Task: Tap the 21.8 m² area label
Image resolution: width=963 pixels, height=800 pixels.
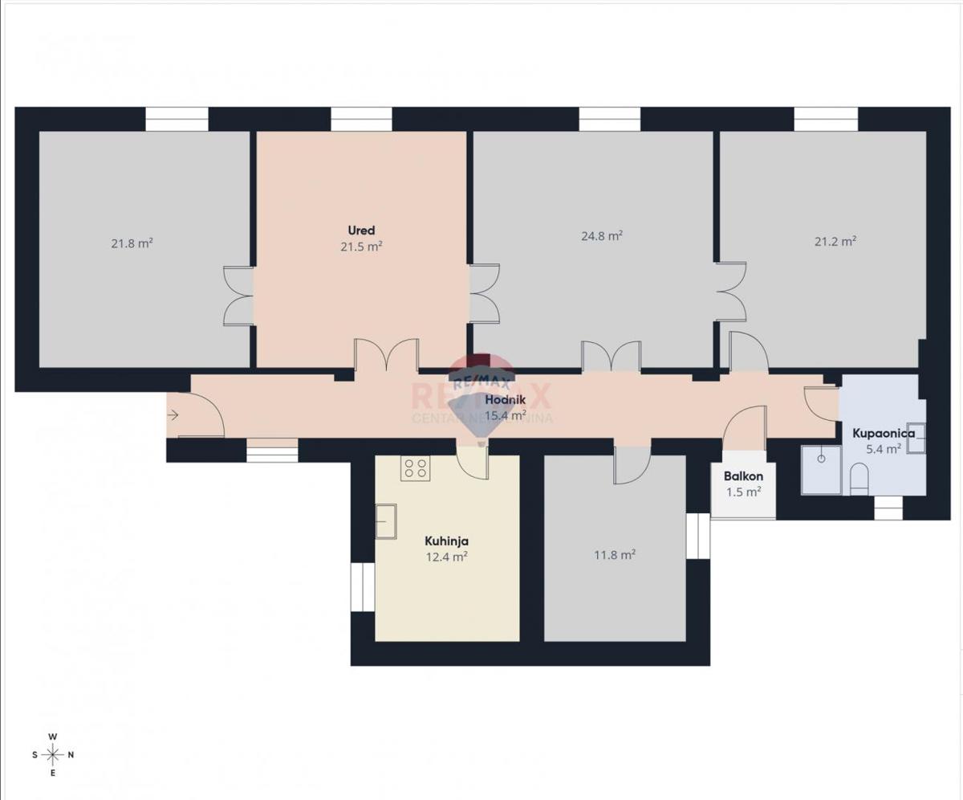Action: coord(132,242)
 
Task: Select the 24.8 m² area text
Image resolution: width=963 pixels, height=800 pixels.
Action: coord(602,236)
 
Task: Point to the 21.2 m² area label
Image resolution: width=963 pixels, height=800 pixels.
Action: coord(835,241)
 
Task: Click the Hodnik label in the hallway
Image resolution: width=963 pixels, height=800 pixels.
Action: coord(506,401)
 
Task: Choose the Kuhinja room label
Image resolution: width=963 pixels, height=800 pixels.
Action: coord(447,541)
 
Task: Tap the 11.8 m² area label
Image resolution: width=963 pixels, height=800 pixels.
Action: coord(615,554)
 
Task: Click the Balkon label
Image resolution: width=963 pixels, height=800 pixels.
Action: coord(743,476)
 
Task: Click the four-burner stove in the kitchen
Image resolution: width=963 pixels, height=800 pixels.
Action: coord(416,468)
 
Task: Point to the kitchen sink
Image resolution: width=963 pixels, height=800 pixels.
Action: coord(385,522)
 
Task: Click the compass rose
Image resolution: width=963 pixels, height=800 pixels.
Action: coord(53,754)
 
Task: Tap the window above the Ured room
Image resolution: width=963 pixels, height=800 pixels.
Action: coord(361,119)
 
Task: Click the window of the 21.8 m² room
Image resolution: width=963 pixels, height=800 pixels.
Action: coord(177,119)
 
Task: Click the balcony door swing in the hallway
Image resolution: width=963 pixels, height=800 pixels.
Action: coord(746,422)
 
